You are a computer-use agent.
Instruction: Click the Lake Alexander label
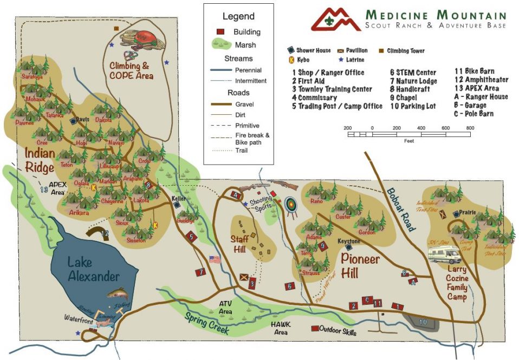coord(93,269)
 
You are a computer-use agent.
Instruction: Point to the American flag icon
coord(215,259)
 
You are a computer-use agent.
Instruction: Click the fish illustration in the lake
coord(118,295)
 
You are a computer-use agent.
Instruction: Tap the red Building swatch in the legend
coord(220,32)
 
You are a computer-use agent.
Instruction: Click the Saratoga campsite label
coord(31,76)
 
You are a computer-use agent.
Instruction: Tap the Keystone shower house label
coord(349,241)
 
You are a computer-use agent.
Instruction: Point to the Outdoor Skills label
coord(338,329)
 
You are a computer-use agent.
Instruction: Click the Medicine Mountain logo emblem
coord(335,19)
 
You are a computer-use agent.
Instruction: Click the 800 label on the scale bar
coord(470,128)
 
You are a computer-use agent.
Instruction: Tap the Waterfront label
coord(80,319)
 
